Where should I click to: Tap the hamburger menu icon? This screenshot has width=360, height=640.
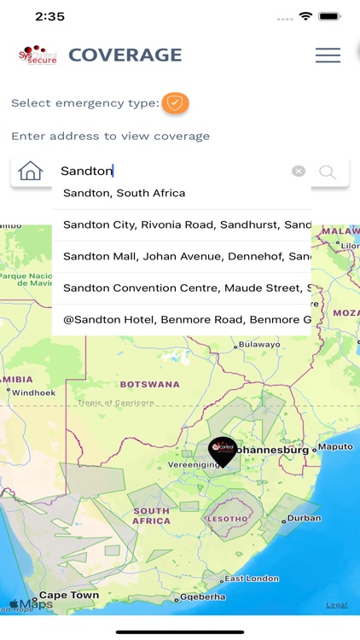[328, 55]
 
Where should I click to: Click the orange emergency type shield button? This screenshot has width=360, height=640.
[175, 103]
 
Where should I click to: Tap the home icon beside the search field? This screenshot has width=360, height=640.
[30, 171]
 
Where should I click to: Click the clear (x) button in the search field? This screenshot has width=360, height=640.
[298, 171]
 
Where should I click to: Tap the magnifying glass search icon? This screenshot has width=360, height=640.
[327, 172]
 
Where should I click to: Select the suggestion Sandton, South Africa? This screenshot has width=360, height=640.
[124, 194]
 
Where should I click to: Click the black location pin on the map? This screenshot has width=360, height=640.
[223, 451]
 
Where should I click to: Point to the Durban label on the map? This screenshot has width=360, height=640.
[304, 518]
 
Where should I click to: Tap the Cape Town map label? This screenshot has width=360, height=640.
[68, 595]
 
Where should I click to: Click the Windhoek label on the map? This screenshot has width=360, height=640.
[33, 393]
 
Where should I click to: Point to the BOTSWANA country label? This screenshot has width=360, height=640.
[149, 385]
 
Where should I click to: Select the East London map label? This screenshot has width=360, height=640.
[251, 579]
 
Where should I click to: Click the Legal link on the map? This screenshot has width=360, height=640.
[336, 605]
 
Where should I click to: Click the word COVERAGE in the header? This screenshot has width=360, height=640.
[125, 55]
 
